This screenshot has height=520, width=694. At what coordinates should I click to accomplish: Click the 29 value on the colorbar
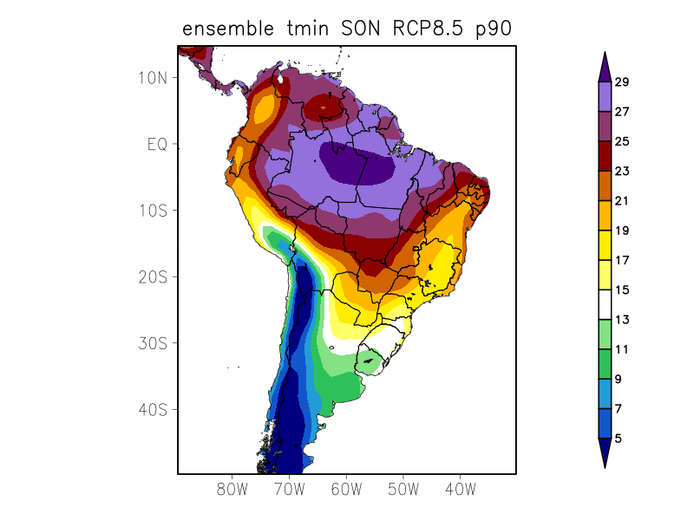[x=622, y=82]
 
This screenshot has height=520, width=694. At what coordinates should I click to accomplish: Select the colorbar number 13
[x=622, y=320]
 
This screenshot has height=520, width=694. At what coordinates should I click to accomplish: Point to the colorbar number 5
[x=619, y=439]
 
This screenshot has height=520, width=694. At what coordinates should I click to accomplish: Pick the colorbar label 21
[x=622, y=201]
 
